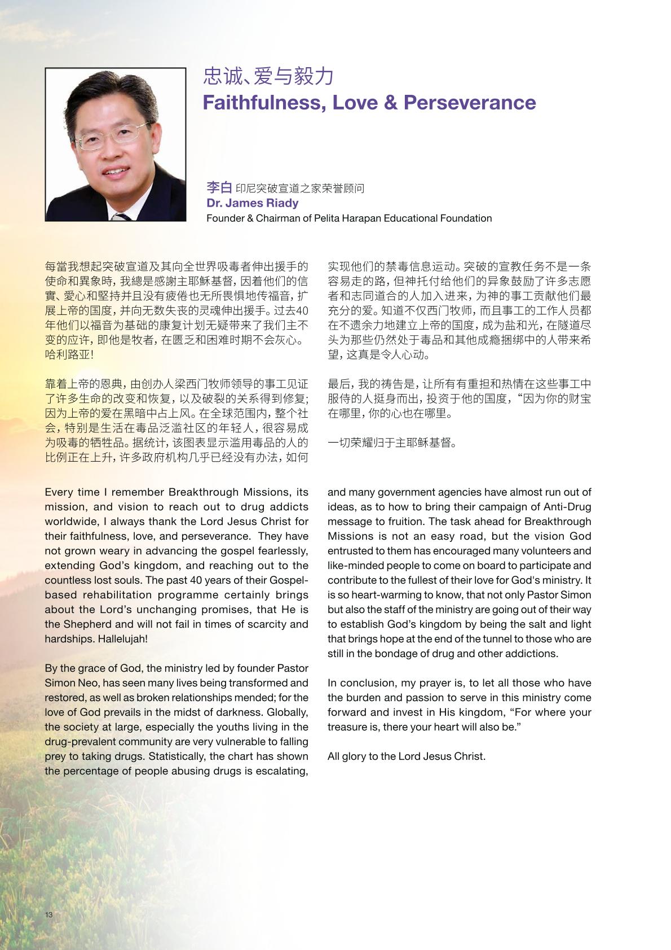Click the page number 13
tap(49, 914)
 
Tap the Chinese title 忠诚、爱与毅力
tap(268, 76)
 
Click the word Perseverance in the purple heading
tap(470, 103)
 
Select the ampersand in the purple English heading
tap(391, 103)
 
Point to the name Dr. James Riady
tap(252, 203)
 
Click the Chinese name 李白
tap(219, 187)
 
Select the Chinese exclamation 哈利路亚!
tap(69, 354)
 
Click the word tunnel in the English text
tap(496, 639)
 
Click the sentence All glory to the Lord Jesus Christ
tap(406, 756)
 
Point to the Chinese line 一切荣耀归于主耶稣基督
tap(392, 443)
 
